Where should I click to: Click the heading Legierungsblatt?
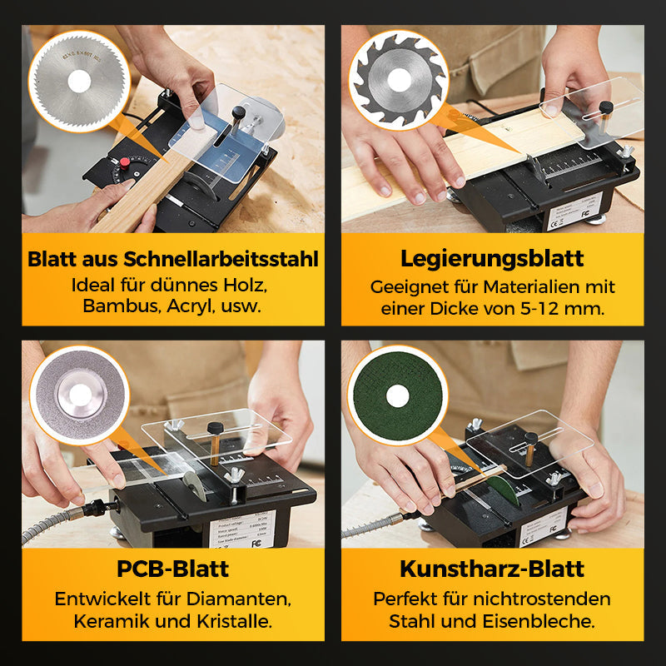492,258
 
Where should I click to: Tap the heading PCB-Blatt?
173,569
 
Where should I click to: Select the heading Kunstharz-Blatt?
492,569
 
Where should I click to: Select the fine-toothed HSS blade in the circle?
78,80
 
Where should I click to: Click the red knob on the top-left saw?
125,162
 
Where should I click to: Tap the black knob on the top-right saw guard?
607,107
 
